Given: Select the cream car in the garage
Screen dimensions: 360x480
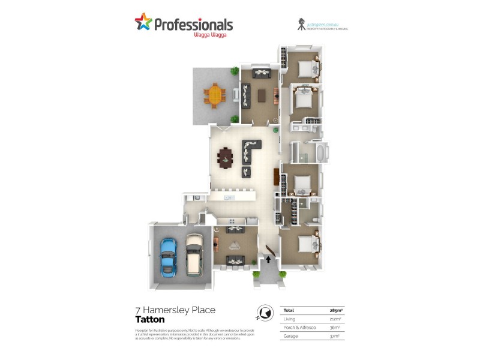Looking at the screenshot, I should click(x=194, y=254).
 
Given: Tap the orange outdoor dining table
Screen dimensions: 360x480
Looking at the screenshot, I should click(x=214, y=95).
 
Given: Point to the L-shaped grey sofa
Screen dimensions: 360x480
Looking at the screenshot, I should click(x=251, y=150).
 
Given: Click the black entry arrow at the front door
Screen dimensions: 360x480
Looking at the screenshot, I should click(x=268, y=260).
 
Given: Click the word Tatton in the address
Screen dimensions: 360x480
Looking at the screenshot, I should click(x=149, y=320).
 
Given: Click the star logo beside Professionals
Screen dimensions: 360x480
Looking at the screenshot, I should click(x=143, y=23).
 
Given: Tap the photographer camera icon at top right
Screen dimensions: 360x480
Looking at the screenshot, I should click(x=300, y=24).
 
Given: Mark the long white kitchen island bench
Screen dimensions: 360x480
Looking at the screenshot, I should click(x=231, y=196).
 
